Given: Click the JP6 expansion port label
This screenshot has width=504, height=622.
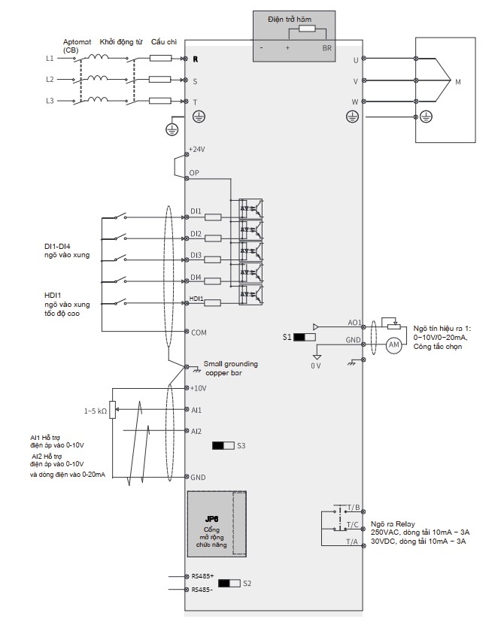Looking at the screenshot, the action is click(x=211, y=519).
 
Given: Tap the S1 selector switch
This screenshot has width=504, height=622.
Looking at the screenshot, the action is click(x=305, y=337).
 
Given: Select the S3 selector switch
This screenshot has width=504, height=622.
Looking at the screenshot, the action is click(x=223, y=445).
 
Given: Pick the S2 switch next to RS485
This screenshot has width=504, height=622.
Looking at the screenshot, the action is click(x=229, y=583).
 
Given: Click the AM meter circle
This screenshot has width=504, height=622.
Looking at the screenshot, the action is click(x=393, y=345).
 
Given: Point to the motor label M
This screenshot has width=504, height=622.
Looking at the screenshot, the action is click(x=458, y=82).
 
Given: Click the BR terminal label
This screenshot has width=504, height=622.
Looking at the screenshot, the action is click(x=326, y=48).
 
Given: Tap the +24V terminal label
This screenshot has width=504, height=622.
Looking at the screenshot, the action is click(x=197, y=150).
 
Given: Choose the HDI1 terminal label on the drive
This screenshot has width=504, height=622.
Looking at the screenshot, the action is click(x=196, y=299).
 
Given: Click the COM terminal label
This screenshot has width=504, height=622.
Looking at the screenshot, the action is click(x=199, y=333).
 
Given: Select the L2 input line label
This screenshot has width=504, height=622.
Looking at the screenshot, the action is click(x=50, y=79).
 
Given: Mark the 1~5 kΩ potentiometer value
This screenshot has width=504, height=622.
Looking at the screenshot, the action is click(x=96, y=411).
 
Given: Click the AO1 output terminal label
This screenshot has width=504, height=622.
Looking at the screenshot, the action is click(x=354, y=323).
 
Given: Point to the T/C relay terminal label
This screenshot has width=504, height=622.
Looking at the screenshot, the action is click(x=352, y=525).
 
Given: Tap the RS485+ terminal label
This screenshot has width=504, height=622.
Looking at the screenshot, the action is click(x=203, y=576).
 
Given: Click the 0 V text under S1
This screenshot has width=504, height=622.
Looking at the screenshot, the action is click(x=315, y=366).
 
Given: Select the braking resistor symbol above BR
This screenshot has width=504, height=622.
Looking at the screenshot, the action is click(x=307, y=29).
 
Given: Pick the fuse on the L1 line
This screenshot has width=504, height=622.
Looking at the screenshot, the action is click(x=160, y=59).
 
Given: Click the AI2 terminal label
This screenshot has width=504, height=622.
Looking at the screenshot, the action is click(x=196, y=431).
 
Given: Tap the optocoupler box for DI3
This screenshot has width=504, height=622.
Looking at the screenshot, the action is click(x=250, y=251).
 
